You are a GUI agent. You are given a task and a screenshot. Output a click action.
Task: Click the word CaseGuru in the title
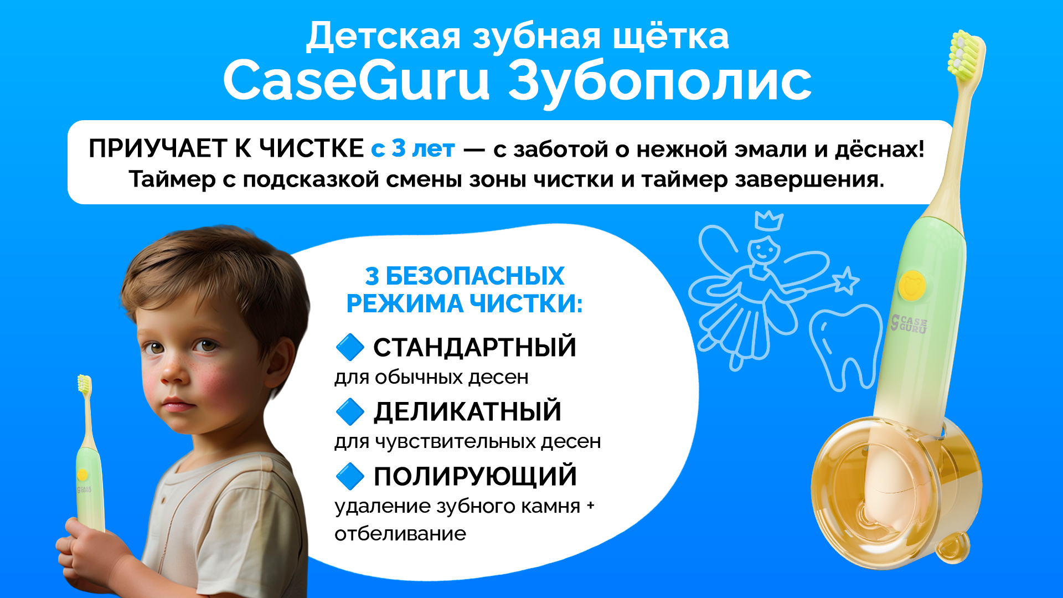click(357, 80)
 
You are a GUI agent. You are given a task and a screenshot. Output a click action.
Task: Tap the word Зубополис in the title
click(659, 83)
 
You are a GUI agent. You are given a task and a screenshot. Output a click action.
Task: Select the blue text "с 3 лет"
click(413, 148)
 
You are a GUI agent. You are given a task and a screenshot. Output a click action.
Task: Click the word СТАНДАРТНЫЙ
click(474, 347)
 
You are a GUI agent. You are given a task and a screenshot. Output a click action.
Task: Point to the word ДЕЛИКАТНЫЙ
click(467, 411)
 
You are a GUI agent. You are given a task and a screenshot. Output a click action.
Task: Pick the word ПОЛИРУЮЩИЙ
click(475, 476)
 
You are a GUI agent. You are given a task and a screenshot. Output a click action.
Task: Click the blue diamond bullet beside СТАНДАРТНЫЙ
click(350, 347)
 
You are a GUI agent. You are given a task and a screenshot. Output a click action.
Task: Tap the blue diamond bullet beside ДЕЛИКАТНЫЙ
click(350, 411)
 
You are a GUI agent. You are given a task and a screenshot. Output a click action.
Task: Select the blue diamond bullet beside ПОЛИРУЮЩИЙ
click(350, 476)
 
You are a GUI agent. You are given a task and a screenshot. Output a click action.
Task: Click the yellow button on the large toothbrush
click(912, 285)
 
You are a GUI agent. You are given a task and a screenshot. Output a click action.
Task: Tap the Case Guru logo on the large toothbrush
click(909, 324)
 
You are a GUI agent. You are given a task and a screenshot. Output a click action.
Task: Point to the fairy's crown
click(768, 220)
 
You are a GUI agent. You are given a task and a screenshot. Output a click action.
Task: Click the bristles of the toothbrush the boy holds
click(84, 384)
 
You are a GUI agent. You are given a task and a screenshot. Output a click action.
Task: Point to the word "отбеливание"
click(400, 534)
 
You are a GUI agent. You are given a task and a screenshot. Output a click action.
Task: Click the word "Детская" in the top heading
click(383, 37)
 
